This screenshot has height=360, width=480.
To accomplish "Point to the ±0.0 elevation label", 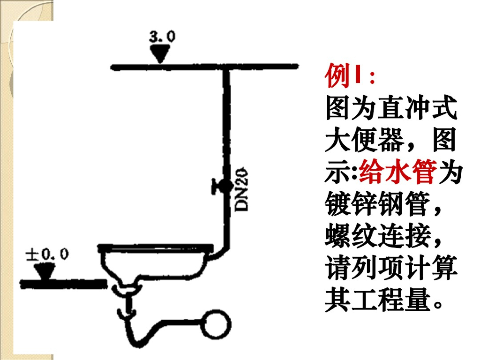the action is [47, 255].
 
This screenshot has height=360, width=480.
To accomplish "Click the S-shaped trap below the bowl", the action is [141, 328].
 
